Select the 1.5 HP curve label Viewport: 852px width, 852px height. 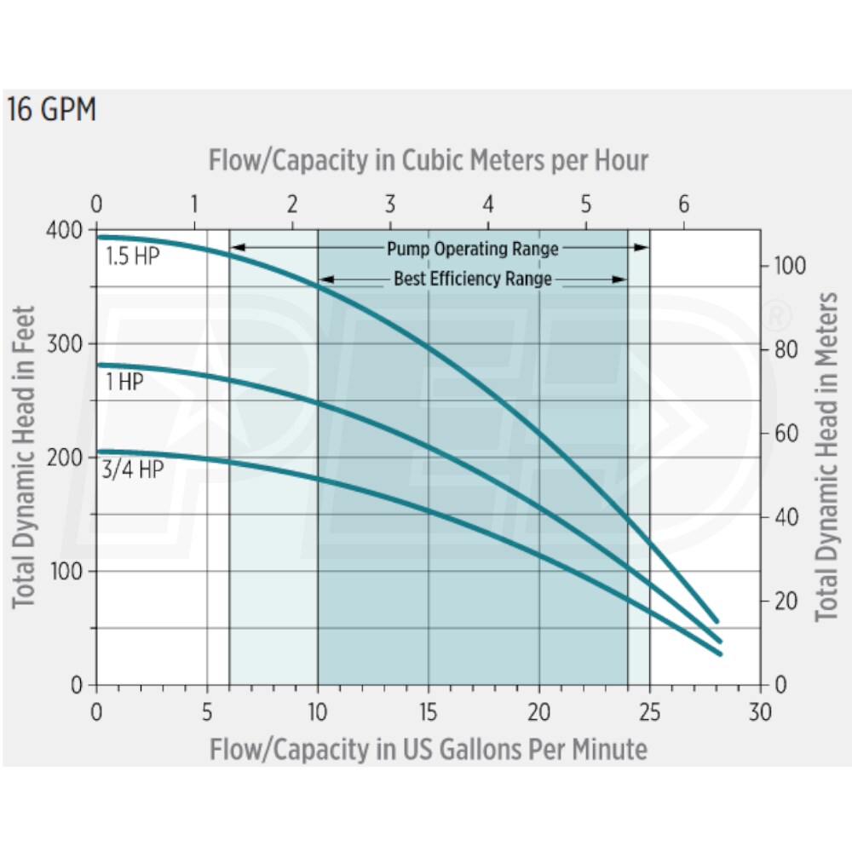132,256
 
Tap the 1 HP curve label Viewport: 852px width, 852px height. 124,383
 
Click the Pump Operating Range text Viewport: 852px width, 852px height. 473,249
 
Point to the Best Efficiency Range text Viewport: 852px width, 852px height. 473,279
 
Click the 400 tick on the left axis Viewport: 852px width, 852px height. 71,230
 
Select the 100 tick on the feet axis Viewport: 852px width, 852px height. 72,571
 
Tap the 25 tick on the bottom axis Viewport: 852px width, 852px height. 649,711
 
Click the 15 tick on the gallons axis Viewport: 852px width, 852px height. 428,711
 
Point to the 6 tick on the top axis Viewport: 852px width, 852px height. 682,204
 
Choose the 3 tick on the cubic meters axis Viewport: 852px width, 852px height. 389,204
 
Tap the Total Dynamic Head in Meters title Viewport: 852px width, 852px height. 826,458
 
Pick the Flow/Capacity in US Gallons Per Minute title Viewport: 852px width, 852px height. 428,749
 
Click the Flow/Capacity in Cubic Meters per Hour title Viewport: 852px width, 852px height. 428,160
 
